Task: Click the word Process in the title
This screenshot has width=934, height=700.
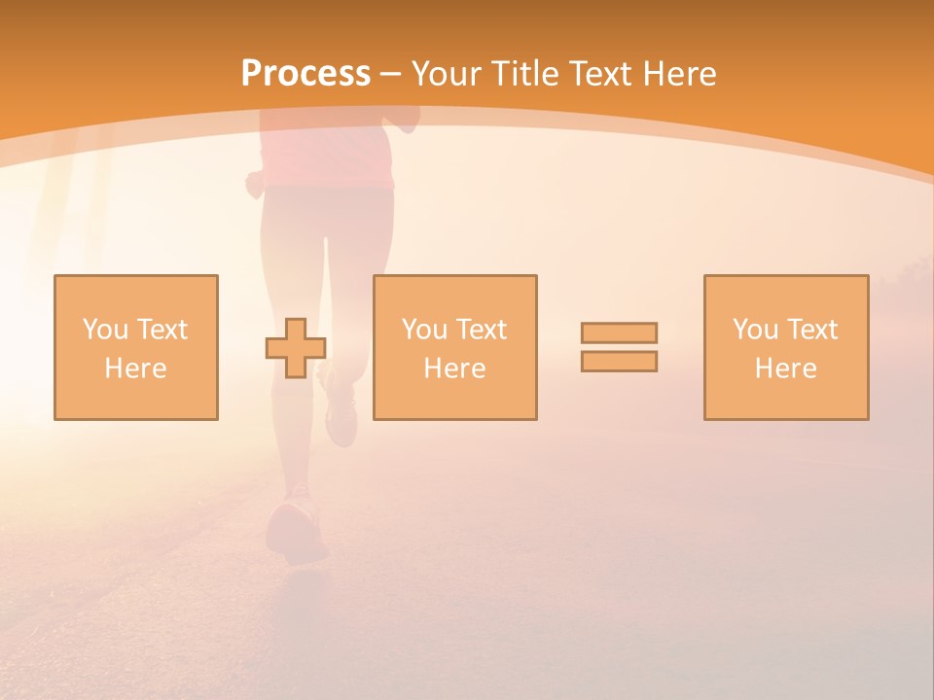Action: (x=305, y=74)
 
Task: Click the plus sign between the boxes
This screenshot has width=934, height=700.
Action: (x=296, y=347)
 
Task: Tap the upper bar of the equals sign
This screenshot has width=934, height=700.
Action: (x=619, y=333)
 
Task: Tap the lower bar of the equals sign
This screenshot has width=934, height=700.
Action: (x=619, y=361)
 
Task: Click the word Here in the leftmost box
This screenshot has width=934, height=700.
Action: (x=135, y=368)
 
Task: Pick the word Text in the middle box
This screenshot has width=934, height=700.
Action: (x=481, y=330)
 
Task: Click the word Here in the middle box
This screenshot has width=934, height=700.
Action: (x=454, y=368)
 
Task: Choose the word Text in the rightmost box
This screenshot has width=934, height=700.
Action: (x=811, y=330)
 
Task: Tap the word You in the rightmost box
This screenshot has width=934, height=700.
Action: (x=755, y=330)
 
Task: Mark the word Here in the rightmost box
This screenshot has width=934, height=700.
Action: (x=785, y=368)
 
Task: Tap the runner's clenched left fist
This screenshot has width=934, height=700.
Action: (x=256, y=183)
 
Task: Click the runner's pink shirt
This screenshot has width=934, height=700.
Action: (x=331, y=156)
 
